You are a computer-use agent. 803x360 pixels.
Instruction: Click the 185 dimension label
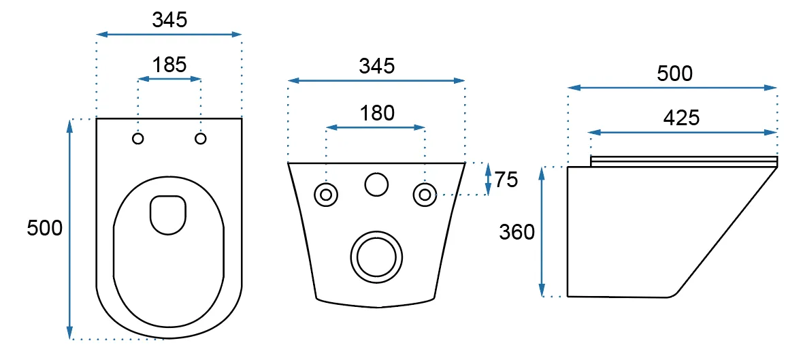coord(169,65)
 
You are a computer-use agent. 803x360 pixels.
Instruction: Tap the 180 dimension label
coord(376,113)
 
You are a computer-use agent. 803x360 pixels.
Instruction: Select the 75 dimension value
coord(506,180)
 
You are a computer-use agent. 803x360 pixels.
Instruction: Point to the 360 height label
coord(517,233)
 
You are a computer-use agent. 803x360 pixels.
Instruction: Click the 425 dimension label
coord(681,118)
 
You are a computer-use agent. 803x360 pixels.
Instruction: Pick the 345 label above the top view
coord(169,20)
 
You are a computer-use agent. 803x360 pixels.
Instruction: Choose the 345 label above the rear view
coord(376,66)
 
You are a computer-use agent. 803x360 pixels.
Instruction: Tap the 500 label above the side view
coord(674,73)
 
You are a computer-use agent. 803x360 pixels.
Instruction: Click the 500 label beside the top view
coord(45,228)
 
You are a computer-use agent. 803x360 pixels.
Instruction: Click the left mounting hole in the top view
coord(138,139)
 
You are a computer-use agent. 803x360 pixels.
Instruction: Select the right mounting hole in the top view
coord(201,139)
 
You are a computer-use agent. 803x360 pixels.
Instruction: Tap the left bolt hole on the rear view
coord(326,195)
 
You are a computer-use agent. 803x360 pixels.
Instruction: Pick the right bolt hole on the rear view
coord(425,195)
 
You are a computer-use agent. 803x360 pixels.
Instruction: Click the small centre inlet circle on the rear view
coord(376,184)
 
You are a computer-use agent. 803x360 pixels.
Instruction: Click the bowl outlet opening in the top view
coord(167,214)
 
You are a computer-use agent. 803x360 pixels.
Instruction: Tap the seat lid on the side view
coord(684,161)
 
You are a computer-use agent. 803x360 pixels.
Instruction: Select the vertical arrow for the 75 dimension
coord(488,179)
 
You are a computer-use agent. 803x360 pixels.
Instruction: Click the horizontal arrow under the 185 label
coord(169,80)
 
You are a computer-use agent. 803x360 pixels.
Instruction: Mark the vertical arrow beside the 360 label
coord(542,231)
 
